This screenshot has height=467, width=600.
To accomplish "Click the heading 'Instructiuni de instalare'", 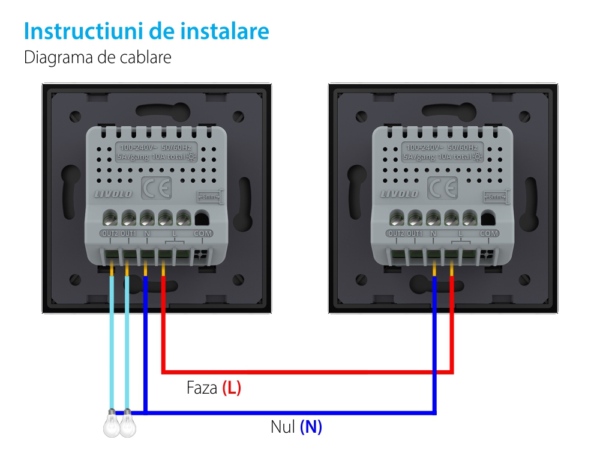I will (x=146, y=31).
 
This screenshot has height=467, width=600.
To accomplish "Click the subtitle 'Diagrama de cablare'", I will (x=98, y=58).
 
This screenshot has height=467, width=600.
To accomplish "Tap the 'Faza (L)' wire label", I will (x=214, y=388).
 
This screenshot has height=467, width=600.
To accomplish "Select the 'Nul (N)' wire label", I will (x=296, y=427).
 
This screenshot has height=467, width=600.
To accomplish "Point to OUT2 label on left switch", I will (x=110, y=233).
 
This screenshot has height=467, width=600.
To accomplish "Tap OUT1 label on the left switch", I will (x=128, y=233).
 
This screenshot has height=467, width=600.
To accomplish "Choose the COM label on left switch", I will (x=202, y=233).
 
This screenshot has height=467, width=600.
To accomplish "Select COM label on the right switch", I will (x=489, y=233).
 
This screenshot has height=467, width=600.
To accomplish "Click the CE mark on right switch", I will (x=442, y=189).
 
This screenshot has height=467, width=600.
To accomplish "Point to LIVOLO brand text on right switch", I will (x=400, y=194).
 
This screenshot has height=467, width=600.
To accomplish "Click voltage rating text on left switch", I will (x=155, y=153).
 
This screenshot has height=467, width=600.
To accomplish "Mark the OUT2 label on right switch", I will (x=396, y=233).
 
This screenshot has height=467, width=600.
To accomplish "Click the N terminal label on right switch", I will (x=433, y=233).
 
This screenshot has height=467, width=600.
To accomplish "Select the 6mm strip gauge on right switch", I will (x=496, y=197).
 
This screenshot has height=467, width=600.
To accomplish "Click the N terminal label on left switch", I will (x=146, y=233).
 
